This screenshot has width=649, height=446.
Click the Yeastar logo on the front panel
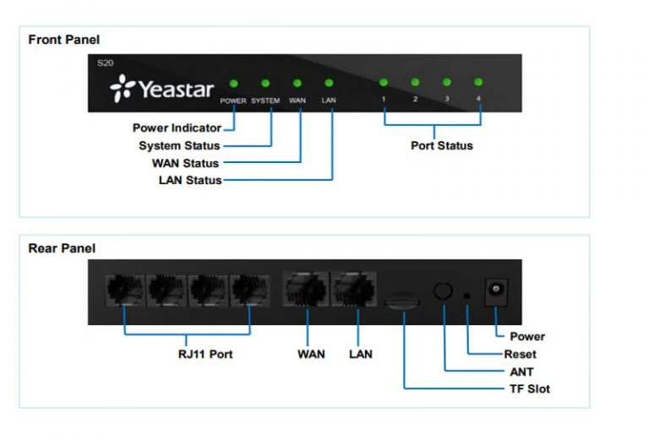pos(161,89)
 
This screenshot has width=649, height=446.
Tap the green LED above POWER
pos(233,83)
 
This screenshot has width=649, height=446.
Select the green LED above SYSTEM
pos(265,83)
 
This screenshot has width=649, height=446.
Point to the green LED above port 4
pos(479,82)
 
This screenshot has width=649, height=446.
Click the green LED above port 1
pos(384,82)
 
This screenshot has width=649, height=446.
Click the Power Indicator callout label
pos(177,128)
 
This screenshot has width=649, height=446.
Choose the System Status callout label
pos(179,146)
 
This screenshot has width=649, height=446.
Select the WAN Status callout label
pos(184,163)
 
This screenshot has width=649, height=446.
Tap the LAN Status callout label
pos(189,180)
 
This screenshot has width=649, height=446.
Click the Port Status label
pos(441,145)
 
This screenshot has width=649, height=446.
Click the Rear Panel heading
pos(62,248)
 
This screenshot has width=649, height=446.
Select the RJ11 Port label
pos(199,354)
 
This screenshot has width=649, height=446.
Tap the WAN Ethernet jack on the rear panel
pos(306,291)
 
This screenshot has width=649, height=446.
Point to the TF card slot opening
pos(404,299)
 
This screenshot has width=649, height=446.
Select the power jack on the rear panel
pos(496,293)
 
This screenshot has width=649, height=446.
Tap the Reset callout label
pos(520,354)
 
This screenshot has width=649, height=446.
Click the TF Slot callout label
pos(529,389)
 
